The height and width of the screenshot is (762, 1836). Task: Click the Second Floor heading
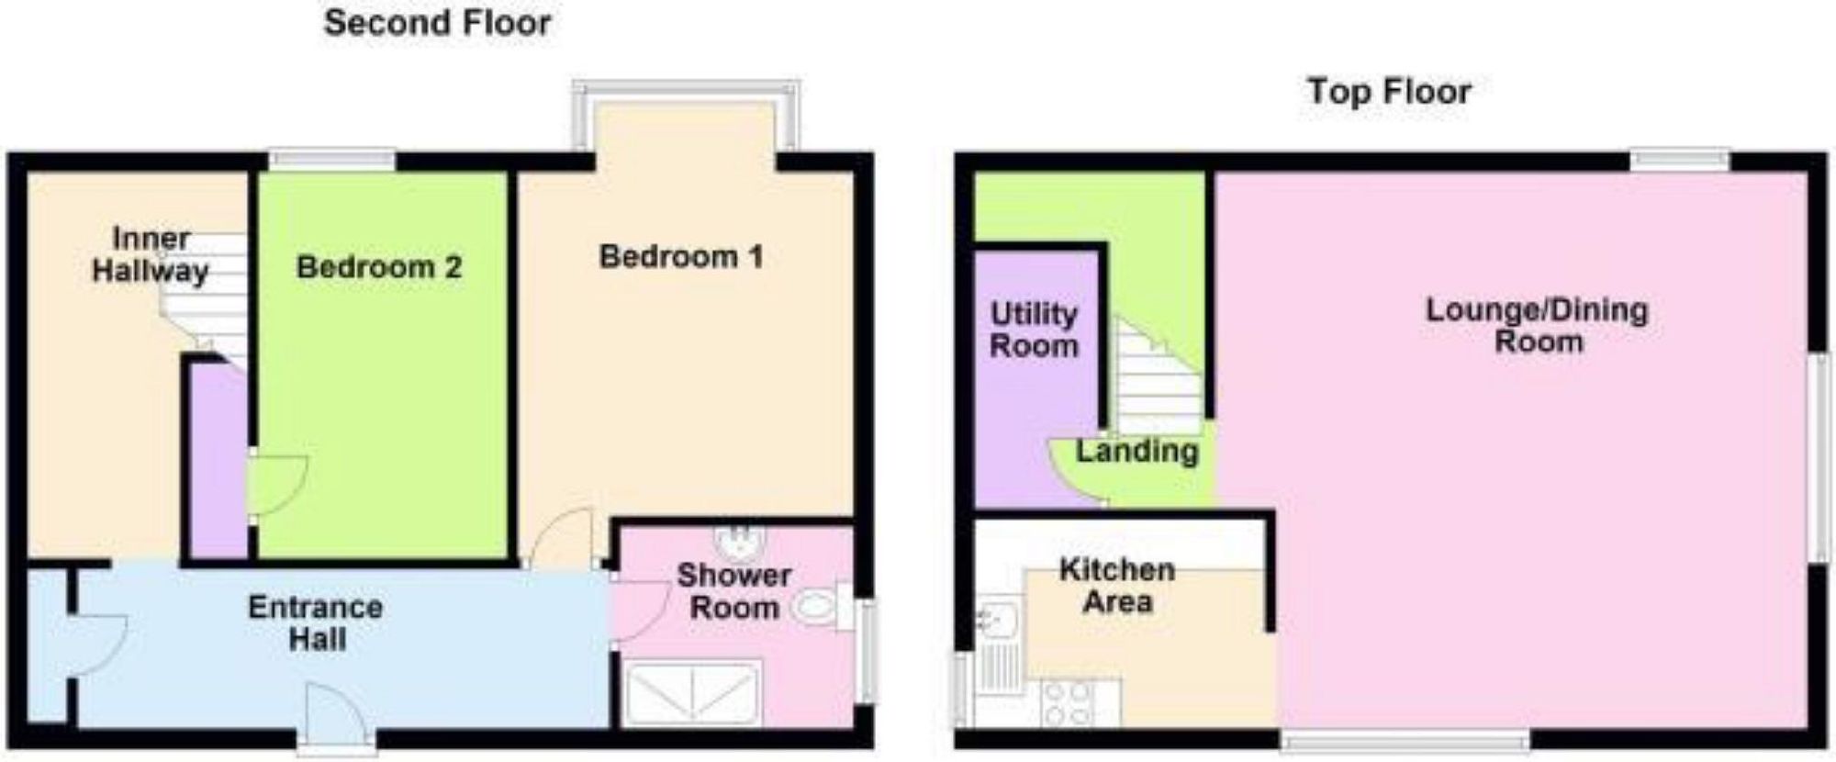pos(437,23)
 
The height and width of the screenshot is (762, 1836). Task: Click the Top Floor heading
pos(1389,91)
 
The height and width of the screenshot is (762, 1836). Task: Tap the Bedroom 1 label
pos(680,257)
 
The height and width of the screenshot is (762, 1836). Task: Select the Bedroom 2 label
pos(379,267)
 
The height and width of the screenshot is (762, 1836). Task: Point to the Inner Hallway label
pos(151,255)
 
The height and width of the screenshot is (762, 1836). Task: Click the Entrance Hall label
pos(316,622)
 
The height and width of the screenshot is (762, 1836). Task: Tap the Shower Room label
pos(733,591)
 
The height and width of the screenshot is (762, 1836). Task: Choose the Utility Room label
pos(1034,330)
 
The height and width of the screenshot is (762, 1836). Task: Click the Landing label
pos(1136,451)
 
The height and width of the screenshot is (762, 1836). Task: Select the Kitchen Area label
pos(1117,586)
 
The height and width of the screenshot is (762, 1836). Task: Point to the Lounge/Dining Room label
pos(1537,325)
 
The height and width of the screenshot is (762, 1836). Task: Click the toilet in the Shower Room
pos(816,607)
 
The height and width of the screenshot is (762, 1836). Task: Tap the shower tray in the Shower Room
pos(692,694)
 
